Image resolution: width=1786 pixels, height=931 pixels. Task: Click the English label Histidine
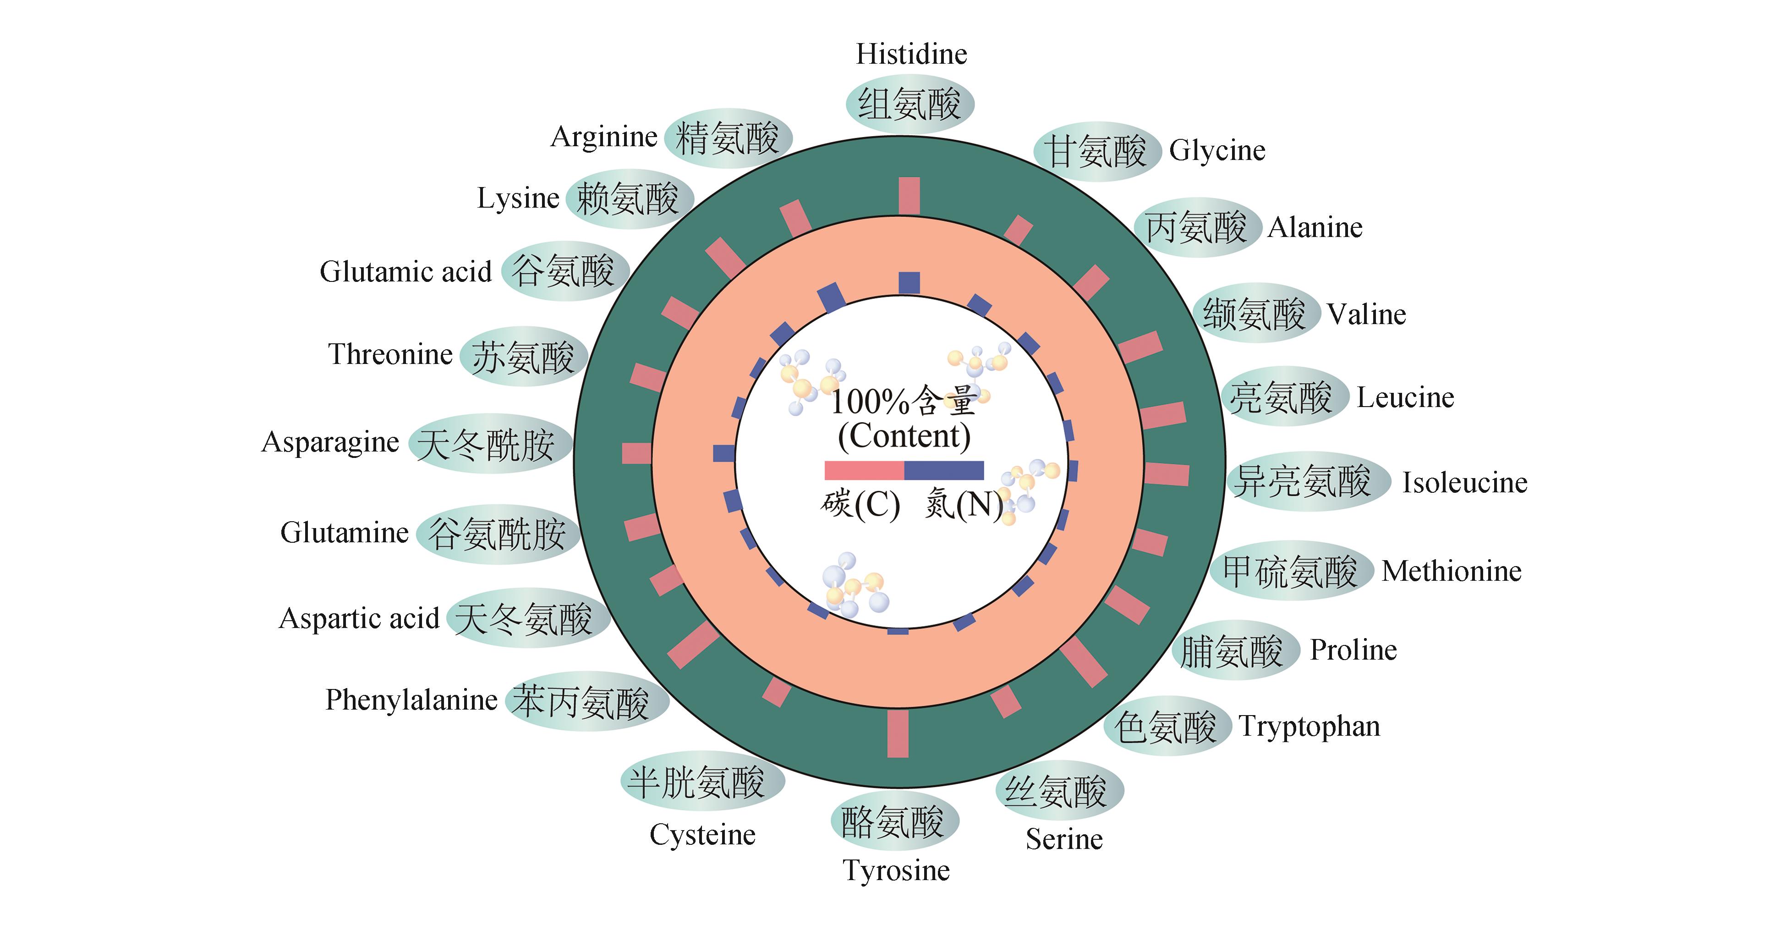click(911, 54)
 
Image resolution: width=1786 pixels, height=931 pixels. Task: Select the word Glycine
click(1217, 150)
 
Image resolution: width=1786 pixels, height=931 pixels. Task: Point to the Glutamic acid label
click(405, 271)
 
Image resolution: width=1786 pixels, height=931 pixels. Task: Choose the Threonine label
click(390, 354)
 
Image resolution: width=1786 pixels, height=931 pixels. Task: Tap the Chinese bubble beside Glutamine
click(497, 534)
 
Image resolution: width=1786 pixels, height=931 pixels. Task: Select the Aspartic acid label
click(359, 618)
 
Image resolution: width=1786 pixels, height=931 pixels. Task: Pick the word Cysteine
click(702, 835)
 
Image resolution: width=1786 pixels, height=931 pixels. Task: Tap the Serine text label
click(1064, 839)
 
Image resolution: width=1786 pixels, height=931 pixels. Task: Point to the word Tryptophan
click(1309, 727)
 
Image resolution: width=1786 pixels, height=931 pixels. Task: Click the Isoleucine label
click(1464, 482)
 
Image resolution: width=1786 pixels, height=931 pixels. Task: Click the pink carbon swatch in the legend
click(864, 470)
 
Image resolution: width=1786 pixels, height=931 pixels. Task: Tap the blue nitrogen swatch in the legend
click(943, 470)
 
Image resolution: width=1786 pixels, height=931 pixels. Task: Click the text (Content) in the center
click(904, 436)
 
